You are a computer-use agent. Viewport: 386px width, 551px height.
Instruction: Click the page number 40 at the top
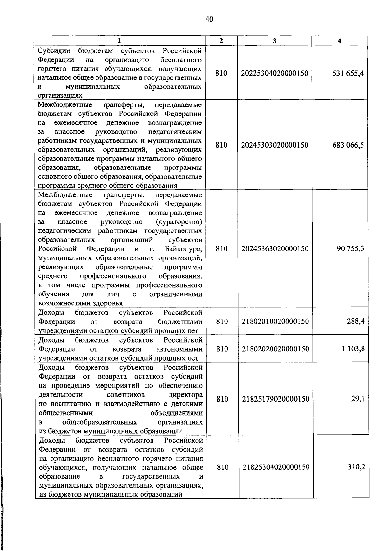209,20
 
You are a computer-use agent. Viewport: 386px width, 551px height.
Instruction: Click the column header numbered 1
119,41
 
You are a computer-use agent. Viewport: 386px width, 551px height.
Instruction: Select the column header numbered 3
274,41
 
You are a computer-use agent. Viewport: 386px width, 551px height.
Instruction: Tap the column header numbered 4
339,41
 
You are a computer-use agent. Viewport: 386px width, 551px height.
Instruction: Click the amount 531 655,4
348,73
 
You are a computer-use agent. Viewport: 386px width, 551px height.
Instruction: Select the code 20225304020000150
274,73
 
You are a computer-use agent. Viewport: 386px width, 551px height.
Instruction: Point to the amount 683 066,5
348,145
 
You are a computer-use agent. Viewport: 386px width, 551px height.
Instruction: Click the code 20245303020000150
274,145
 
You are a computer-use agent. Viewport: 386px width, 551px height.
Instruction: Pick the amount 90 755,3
350,248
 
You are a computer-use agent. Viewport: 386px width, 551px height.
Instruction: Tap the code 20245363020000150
275,248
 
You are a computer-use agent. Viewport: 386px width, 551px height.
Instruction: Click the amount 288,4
355,321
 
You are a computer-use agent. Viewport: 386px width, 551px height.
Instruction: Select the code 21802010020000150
275,321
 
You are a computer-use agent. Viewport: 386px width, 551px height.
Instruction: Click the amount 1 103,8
353,349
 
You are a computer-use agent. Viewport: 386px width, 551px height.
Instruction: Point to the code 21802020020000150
275,349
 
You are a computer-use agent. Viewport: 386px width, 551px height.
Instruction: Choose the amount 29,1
358,399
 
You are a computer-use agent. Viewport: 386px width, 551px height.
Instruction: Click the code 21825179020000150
275,399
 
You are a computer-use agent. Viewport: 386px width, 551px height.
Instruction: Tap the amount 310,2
356,467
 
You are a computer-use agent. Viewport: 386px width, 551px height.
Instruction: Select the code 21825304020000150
276,467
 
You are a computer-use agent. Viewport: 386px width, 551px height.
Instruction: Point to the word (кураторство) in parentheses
179,222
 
